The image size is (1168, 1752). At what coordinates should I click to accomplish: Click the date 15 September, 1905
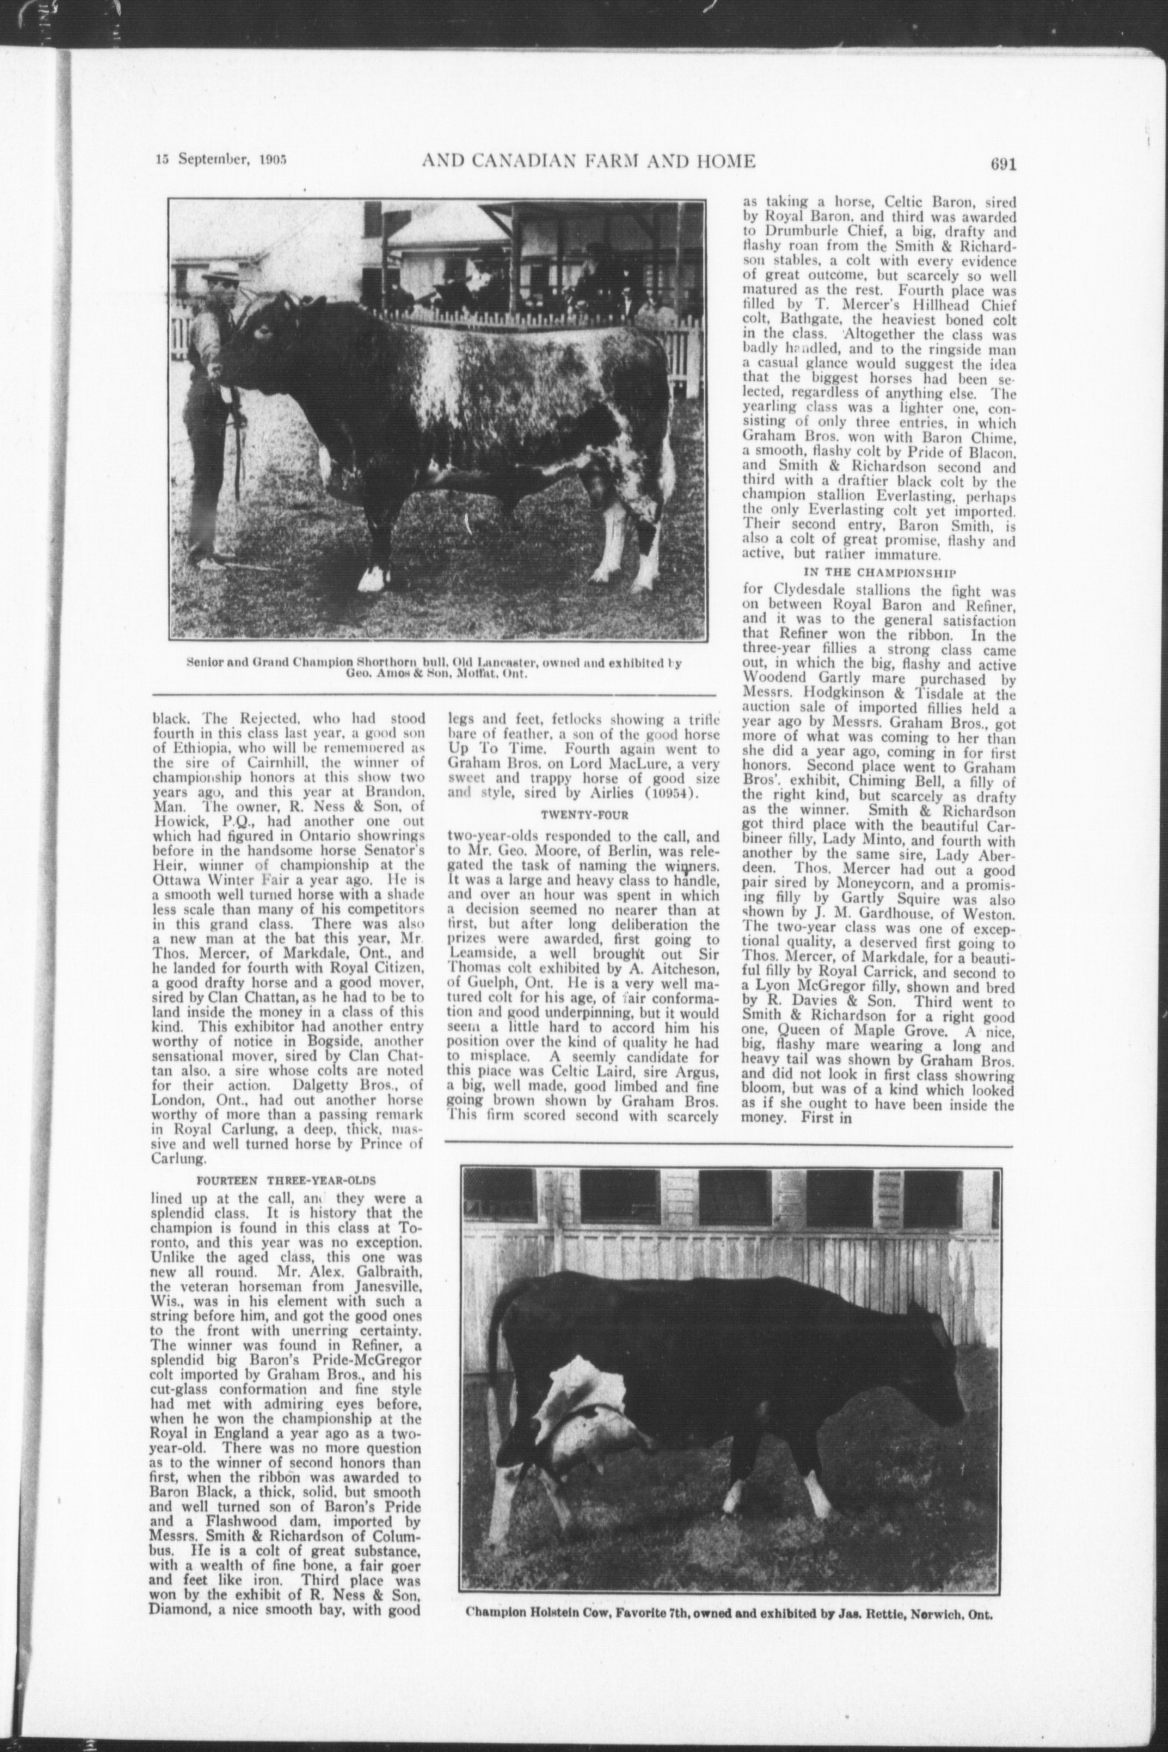coord(221,160)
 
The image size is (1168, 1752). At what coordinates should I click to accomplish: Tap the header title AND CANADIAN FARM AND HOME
coord(588,160)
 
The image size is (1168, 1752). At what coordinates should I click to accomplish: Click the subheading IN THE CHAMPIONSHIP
coord(879,572)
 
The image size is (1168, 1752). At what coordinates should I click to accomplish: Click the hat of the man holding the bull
coord(223,270)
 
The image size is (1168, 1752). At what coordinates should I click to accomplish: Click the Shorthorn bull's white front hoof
coord(372,578)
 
